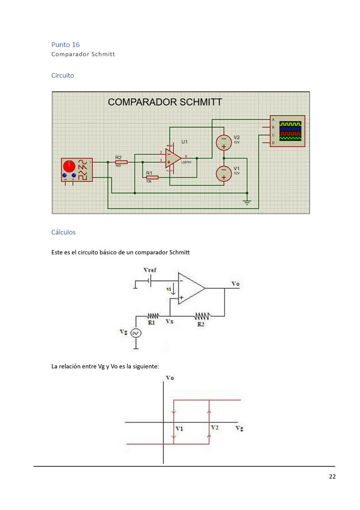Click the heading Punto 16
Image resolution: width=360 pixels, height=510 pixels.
(65, 45)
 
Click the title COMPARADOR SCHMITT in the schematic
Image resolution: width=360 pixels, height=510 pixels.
(165, 102)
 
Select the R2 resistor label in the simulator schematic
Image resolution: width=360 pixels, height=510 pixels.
(118, 157)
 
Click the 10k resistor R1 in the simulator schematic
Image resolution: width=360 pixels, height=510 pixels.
(151, 177)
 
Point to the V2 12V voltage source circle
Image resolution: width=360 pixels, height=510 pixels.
(223, 143)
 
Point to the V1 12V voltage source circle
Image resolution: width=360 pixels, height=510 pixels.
(223, 173)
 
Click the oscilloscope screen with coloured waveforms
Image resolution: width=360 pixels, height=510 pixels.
(291, 131)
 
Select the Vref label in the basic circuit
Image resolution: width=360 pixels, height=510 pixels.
(150, 270)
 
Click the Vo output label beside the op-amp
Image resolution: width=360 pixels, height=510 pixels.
(235, 284)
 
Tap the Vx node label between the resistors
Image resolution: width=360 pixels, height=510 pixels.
(170, 321)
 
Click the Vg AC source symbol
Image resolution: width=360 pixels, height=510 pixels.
(135, 333)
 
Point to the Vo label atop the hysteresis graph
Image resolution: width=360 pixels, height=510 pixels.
(170, 377)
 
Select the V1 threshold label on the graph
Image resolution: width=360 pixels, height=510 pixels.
(179, 428)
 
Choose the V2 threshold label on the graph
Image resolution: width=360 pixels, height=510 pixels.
(214, 427)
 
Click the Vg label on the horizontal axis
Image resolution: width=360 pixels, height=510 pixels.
(239, 428)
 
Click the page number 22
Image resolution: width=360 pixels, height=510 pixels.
(332, 476)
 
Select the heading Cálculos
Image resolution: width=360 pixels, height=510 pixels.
(64, 232)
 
